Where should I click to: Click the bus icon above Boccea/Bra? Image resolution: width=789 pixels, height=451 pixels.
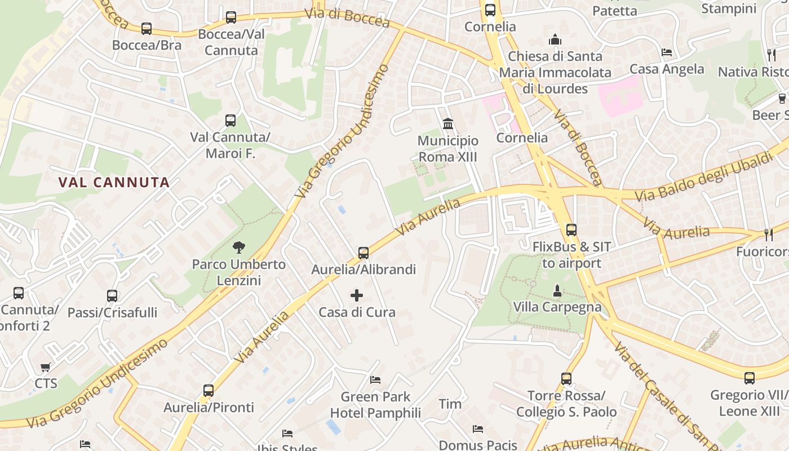[x=147, y=28]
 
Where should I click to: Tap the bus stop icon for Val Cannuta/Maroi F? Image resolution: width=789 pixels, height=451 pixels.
[x=231, y=120]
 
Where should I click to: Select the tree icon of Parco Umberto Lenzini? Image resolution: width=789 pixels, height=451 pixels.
[x=239, y=247]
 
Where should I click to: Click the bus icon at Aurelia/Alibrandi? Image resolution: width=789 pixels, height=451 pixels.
[x=364, y=253]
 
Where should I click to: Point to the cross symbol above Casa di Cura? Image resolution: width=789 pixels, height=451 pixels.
[x=357, y=295]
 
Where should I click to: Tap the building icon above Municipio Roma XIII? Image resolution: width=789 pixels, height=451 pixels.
[x=448, y=123]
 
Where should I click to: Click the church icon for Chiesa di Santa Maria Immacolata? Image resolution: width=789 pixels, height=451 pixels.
[x=555, y=40]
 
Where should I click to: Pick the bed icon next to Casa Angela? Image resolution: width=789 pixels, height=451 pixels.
[x=667, y=52]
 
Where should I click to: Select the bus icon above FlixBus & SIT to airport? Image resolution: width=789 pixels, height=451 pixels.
[x=571, y=229]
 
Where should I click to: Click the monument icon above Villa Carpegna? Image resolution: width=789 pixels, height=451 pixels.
[x=557, y=290]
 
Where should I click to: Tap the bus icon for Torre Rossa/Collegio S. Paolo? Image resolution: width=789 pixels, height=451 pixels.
[x=566, y=379]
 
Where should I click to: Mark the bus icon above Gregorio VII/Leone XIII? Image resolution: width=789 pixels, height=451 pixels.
[x=750, y=378]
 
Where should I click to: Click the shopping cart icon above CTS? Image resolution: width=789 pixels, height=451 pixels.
[x=46, y=368]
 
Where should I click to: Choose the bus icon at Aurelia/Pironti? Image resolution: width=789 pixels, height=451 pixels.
[x=209, y=390]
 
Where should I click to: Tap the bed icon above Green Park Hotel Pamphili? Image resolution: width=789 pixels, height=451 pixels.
[x=375, y=380]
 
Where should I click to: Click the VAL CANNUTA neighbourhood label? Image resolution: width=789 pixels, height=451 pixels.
[x=114, y=182]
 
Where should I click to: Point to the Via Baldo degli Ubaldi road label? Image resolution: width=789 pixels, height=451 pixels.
[x=704, y=177]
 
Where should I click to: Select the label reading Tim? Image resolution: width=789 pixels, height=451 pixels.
[x=450, y=404]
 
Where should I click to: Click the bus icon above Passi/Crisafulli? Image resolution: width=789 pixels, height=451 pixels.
[x=112, y=295]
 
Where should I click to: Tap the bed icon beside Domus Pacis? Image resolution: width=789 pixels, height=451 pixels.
[x=478, y=429]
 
